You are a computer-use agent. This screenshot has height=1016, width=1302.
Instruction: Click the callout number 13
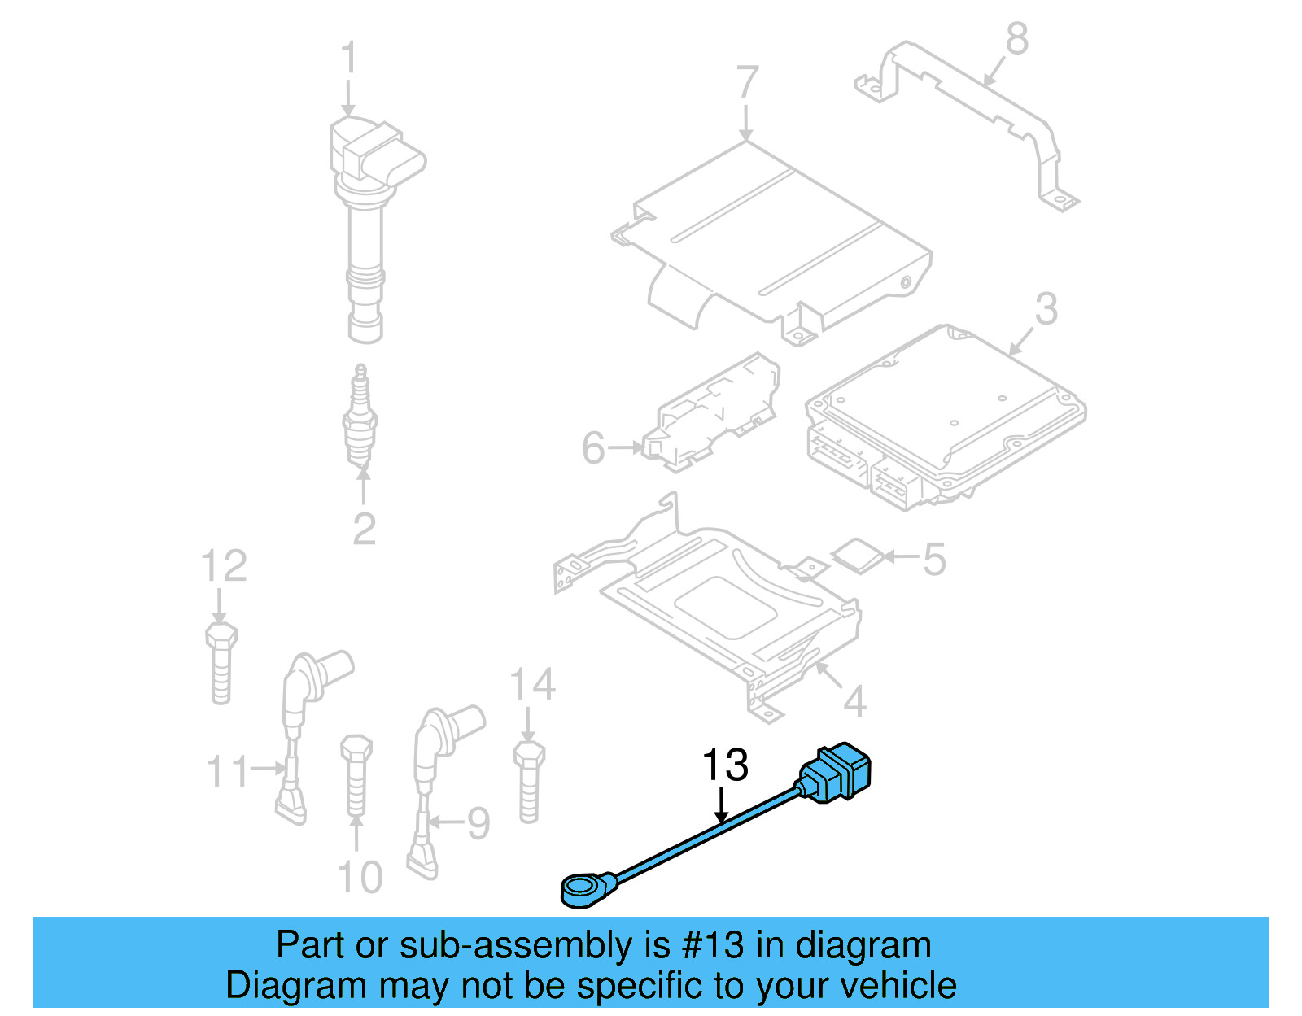pos(724,765)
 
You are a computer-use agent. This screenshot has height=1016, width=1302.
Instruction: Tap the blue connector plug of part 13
pos(837,772)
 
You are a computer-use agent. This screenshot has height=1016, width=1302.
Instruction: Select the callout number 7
pos(747,84)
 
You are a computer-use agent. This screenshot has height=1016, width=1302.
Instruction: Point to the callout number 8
pos(1016,38)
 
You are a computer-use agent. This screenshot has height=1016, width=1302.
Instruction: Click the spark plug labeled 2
pos(360,419)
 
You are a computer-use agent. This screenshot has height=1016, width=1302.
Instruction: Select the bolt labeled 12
pos(221,662)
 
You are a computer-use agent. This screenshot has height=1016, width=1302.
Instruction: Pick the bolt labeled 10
pos(356,774)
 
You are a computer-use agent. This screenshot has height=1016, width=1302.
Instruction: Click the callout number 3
pos(1046,309)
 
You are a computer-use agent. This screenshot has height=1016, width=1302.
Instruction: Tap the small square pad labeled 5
pos(857,556)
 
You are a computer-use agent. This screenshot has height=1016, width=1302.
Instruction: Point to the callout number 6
pos(593,448)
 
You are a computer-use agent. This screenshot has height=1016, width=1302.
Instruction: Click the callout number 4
pos(854,701)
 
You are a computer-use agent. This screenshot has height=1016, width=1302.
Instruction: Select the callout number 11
pos(227,771)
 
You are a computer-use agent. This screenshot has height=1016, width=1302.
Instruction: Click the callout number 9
pos(478,823)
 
